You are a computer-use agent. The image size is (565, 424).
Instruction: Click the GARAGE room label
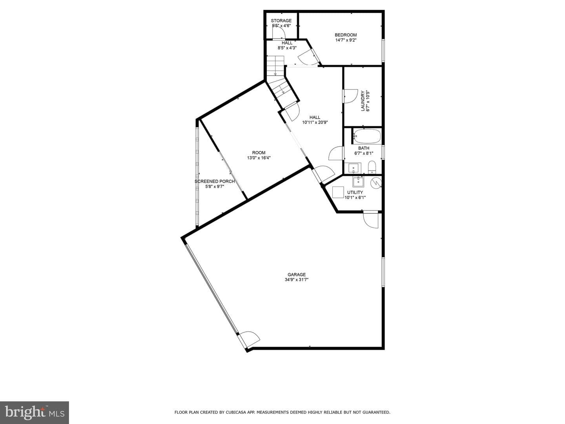297,275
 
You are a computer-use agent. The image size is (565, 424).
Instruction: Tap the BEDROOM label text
346,35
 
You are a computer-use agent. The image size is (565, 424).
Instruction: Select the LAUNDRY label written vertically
363,101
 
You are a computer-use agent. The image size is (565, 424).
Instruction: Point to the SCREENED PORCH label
215,181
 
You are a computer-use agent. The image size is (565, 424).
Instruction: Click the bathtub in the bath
367,136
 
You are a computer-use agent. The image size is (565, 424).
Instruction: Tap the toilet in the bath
372,167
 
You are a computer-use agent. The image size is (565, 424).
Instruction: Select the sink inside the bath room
355,168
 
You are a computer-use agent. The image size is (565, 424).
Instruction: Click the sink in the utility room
358,181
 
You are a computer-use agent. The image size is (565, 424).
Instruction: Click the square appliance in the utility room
338,192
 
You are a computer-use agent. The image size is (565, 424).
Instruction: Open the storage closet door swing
279,33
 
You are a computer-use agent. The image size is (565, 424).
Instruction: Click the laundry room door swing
351,96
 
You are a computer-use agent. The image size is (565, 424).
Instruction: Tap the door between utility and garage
371,219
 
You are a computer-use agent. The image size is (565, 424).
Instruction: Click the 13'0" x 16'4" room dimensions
259,158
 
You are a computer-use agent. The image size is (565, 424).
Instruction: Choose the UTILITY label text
355,192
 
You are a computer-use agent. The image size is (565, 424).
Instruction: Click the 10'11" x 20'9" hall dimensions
315,122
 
